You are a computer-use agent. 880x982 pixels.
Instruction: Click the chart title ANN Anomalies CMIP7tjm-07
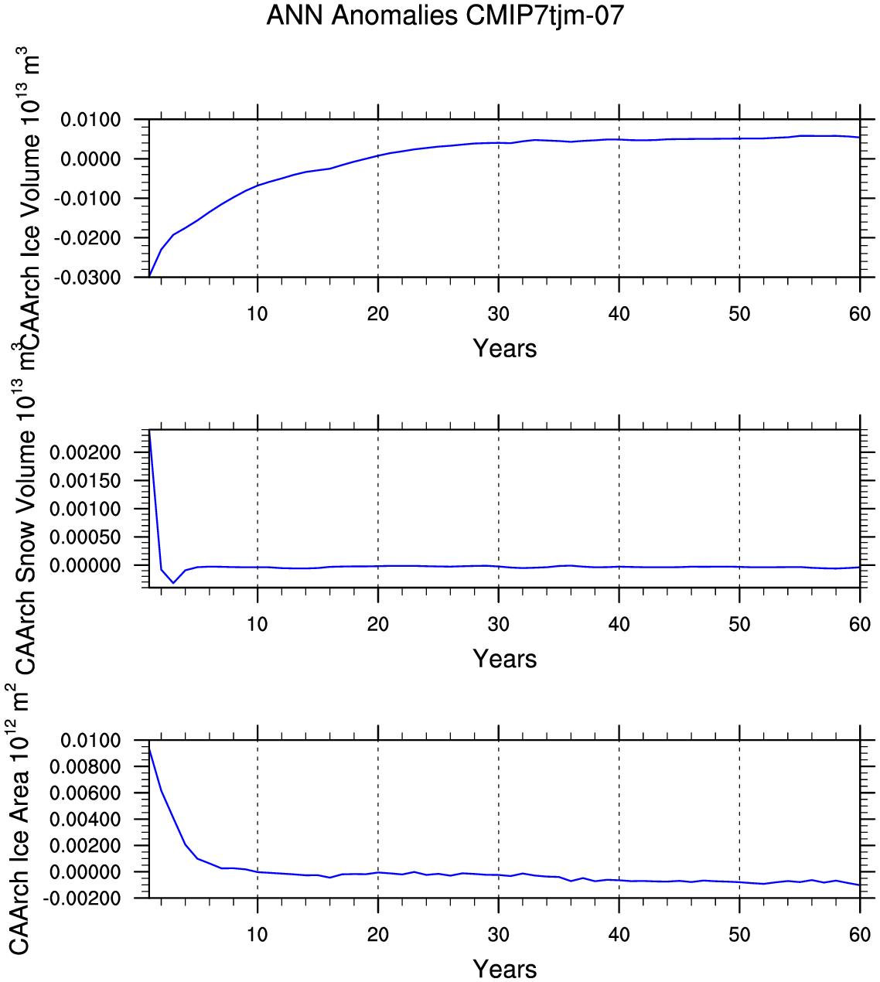coord(445,15)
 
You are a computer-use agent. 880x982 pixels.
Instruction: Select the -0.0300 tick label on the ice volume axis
coord(87,278)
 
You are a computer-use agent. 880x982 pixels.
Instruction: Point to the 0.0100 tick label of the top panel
coord(90,120)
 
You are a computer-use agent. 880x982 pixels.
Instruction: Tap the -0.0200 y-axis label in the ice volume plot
coord(87,238)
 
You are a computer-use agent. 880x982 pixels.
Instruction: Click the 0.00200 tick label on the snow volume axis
coord(85,452)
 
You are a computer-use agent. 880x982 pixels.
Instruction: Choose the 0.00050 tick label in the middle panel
coord(85,537)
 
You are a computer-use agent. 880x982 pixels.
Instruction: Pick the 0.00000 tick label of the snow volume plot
coord(85,565)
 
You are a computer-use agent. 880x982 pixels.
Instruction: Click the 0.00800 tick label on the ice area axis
coord(85,767)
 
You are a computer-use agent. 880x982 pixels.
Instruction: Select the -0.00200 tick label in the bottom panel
coord(82,898)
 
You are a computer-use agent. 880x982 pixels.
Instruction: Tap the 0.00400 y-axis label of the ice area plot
coord(85,819)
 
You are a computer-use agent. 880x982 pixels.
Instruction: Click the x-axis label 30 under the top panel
coord(499,314)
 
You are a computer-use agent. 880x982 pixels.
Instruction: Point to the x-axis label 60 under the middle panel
coord(860,624)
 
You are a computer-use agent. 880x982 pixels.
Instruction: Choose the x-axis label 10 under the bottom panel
coord(257,935)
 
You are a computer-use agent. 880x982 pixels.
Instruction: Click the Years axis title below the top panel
coord(505,349)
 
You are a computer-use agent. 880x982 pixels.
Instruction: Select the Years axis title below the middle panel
coord(505,659)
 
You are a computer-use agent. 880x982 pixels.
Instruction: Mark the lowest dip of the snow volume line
coord(173,582)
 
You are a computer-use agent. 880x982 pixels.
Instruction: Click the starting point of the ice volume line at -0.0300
coord(149,277)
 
